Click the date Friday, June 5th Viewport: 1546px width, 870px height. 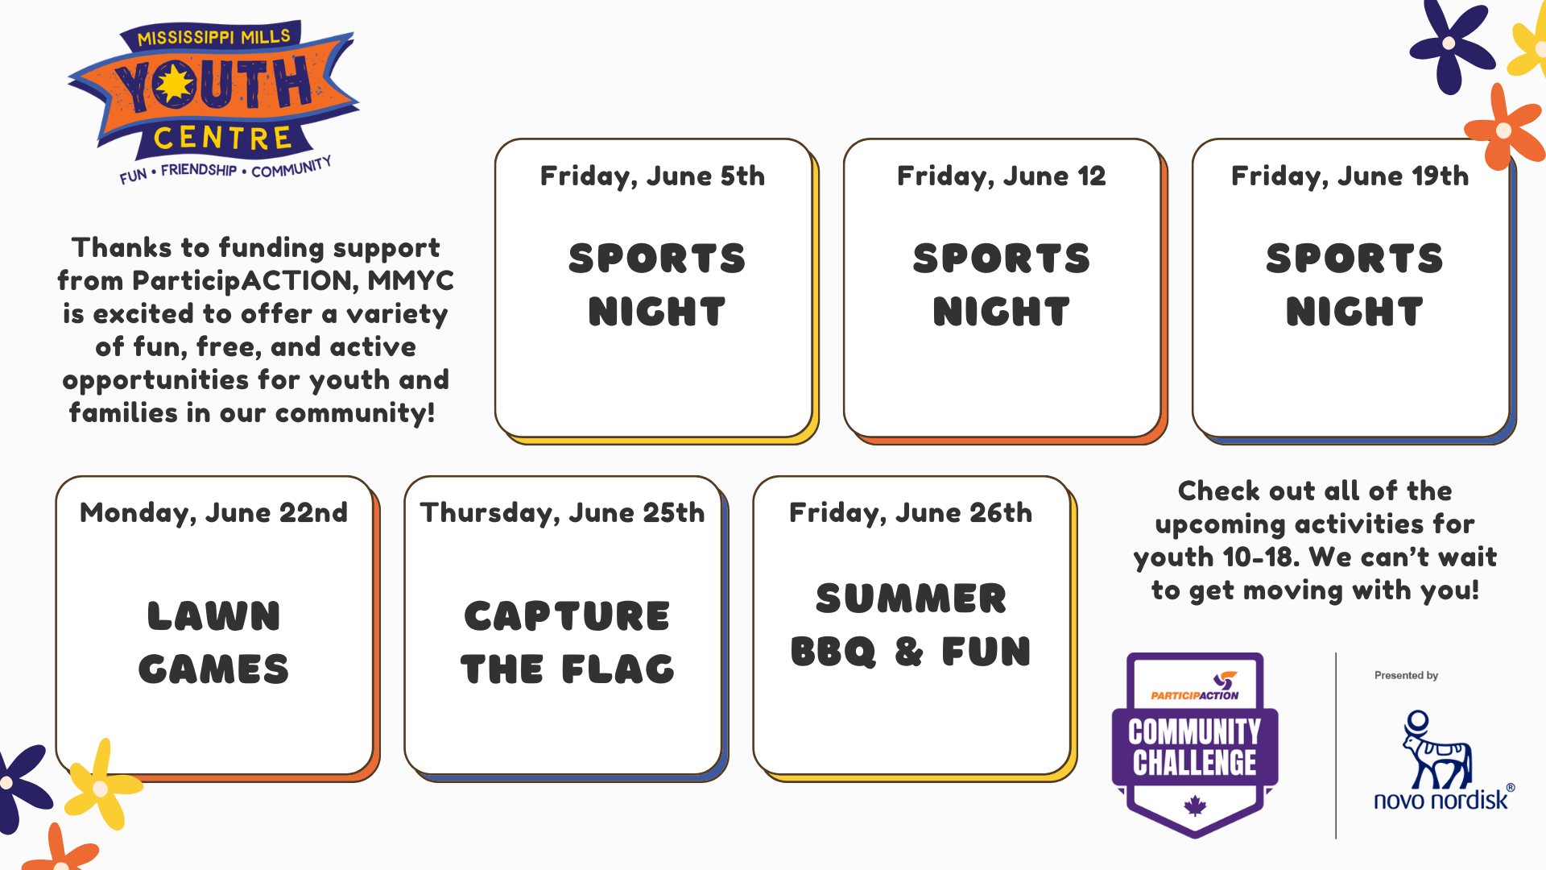tap(652, 176)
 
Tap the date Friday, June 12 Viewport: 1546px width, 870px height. tap(1001, 176)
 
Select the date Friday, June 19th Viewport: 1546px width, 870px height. tap(1350, 176)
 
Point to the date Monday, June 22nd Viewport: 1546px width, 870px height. tap(213, 513)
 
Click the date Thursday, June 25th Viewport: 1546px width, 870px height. tap(562, 513)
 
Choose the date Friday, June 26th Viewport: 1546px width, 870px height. tap(911, 513)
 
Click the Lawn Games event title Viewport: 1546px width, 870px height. tap(213, 643)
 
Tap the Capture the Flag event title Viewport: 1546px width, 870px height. tap(568, 643)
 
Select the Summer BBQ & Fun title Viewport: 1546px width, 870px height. tap(911, 625)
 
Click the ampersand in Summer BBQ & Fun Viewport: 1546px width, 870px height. tap(909, 652)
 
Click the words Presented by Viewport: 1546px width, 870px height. tap(1406, 676)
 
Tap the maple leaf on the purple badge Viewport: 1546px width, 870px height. tap(1195, 806)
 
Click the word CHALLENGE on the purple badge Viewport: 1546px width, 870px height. tap(1195, 763)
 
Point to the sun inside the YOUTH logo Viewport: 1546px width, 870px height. tap(174, 85)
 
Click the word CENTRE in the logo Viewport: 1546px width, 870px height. tap(222, 139)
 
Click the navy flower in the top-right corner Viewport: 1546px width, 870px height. tap(1449, 43)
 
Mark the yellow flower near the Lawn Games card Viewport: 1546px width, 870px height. tap(101, 787)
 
